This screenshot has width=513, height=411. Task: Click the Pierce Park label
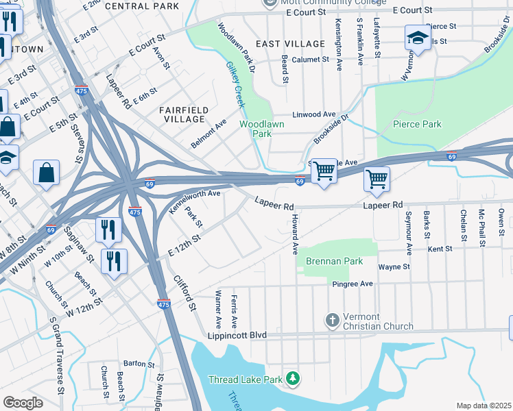(x=417, y=124)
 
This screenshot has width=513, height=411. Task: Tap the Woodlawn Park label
(x=261, y=129)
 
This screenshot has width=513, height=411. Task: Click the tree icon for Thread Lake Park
(x=293, y=378)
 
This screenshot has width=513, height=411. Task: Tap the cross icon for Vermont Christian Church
(x=332, y=321)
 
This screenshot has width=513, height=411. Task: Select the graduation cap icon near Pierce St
(x=417, y=38)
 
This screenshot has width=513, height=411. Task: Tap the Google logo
(x=23, y=403)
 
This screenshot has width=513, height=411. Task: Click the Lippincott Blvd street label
(x=237, y=336)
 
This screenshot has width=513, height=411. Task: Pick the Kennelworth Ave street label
(x=194, y=203)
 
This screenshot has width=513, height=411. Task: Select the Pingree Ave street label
(x=353, y=283)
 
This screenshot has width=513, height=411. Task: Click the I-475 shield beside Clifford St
(x=163, y=303)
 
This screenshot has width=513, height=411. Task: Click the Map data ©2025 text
(x=484, y=406)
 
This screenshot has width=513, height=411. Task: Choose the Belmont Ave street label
(x=208, y=134)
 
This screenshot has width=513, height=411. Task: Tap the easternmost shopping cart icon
(x=377, y=179)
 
